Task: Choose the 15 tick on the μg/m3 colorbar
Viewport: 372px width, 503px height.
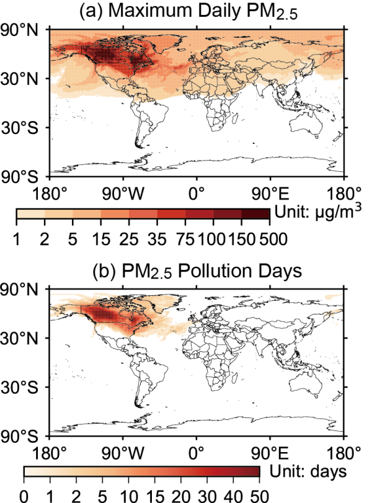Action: pos(100,239)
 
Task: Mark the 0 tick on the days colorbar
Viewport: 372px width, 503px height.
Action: pos(24,496)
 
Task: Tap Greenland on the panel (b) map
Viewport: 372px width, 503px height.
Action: pos(162,298)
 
